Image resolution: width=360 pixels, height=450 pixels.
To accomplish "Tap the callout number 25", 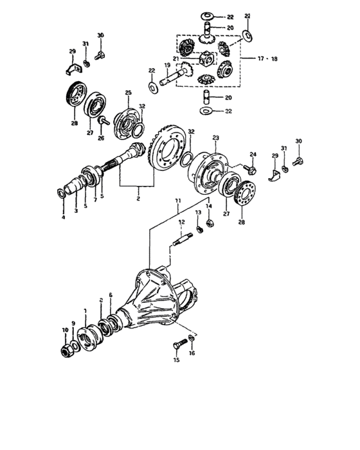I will [x=128, y=93].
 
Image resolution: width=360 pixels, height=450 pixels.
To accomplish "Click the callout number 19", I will [x=166, y=65].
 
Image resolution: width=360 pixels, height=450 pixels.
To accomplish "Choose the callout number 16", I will [x=191, y=353].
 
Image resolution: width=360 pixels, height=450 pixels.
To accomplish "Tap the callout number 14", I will [x=208, y=206].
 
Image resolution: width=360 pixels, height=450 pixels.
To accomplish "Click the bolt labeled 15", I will [x=179, y=346].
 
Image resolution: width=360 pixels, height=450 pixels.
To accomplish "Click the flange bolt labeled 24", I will [x=251, y=170].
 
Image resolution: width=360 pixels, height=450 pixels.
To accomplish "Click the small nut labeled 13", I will [x=199, y=229].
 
